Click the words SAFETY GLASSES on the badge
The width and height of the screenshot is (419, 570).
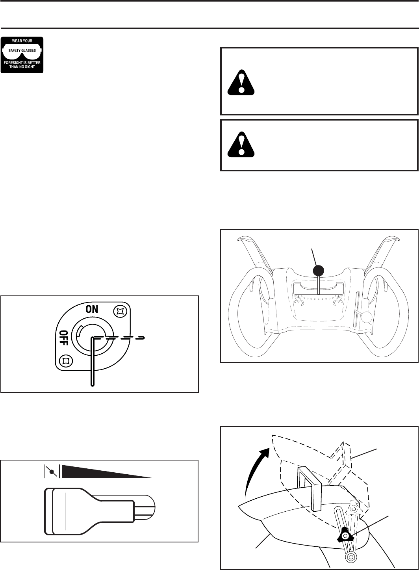click(22, 50)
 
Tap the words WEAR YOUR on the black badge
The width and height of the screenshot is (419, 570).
click(22, 41)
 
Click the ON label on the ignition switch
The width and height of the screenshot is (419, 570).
click(92, 309)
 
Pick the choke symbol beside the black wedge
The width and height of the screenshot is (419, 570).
click(51, 471)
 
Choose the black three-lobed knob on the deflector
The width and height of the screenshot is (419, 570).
click(345, 534)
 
